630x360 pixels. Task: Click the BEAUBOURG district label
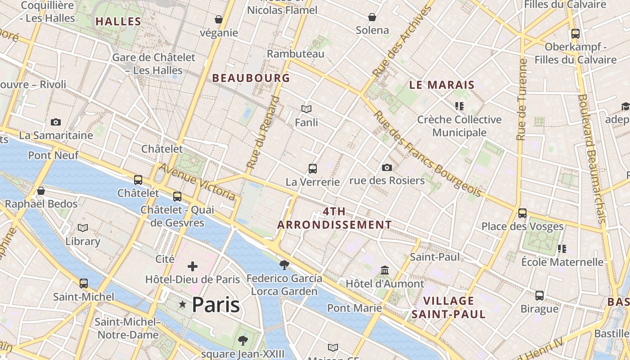(x=251, y=78)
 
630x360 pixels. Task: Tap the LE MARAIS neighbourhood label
(x=441, y=85)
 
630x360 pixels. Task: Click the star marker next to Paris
(x=182, y=305)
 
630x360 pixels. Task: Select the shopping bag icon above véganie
(x=219, y=19)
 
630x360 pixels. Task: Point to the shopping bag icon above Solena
(x=372, y=17)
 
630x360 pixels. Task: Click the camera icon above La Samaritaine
(x=56, y=122)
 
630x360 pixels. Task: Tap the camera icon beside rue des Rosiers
(x=387, y=167)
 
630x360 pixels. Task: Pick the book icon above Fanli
(x=306, y=109)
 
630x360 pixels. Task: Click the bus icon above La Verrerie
(x=313, y=169)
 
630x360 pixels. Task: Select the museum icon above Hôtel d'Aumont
(x=385, y=270)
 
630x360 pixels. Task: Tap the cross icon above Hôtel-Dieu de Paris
(x=193, y=266)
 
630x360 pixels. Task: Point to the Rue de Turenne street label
(x=522, y=99)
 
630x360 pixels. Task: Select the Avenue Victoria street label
(x=197, y=181)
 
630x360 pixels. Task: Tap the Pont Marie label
(x=354, y=308)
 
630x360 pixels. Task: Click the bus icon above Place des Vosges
(x=522, y=213)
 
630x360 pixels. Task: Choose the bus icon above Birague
(x=540, y=296)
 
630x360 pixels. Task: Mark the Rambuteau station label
(x=295, y=54)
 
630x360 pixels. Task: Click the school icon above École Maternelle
(x=562, y=248)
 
